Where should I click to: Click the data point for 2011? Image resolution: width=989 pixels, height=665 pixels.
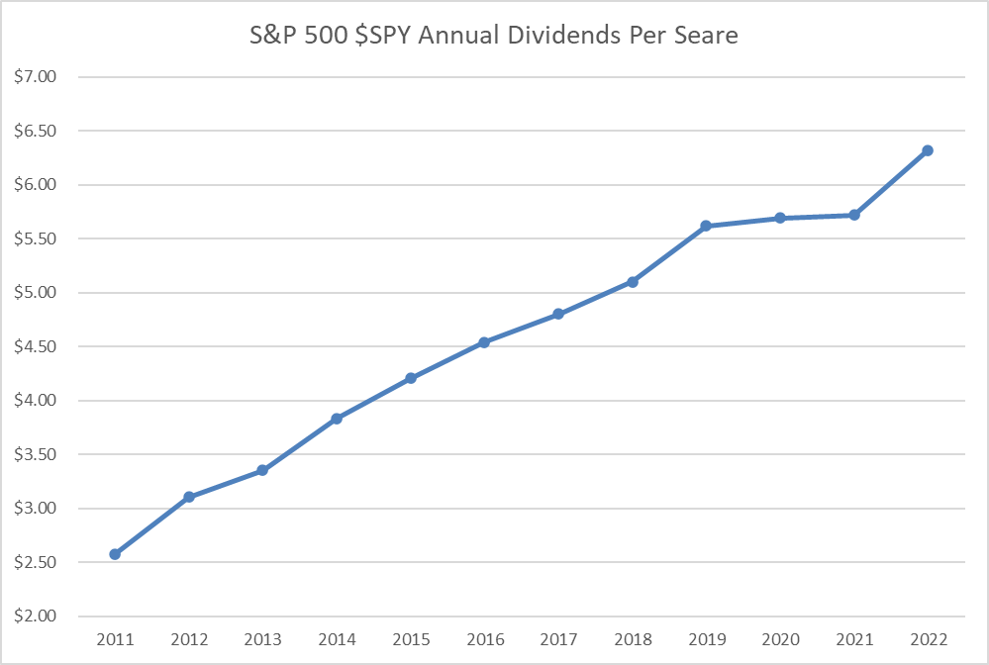[115, 554]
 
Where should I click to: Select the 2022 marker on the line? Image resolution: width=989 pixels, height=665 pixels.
[928, 150]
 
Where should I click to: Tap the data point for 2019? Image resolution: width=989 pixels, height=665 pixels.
[706, 226]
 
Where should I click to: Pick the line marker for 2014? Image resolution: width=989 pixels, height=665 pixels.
[337, 419]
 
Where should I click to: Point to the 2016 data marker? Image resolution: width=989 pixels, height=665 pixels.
[484, 342]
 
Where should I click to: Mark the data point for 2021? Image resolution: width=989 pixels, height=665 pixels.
[854, 215]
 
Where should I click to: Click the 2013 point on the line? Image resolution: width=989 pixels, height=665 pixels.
[262, 470]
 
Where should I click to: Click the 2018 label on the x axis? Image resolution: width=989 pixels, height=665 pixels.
[632, 639]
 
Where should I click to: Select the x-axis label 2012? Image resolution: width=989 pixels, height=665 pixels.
[188, 639]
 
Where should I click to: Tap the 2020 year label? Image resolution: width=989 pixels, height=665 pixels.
[780, 639]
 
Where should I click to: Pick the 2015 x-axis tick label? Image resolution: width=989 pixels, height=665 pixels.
[410, 639]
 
